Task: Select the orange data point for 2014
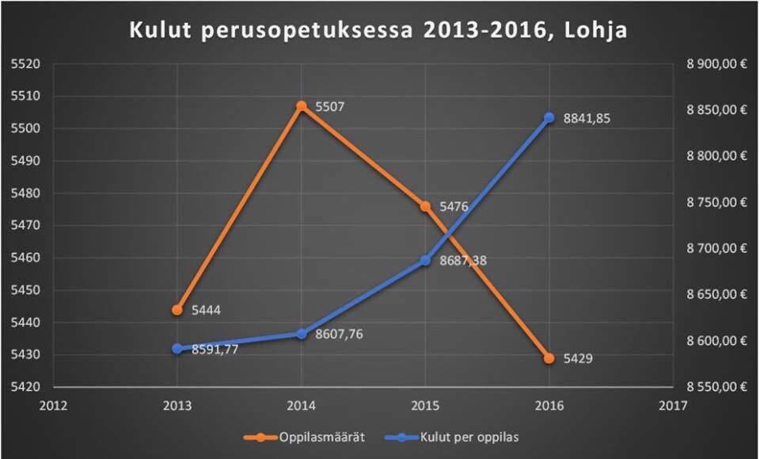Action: click(x=302, y=105)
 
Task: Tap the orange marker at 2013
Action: click(x=177, y=310)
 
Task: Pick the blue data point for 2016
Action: click(x=549, y=117)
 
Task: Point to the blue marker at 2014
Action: click(x=302, y=334)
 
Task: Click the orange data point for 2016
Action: click(x=549, y=358)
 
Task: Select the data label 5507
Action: click(x=329, y=106)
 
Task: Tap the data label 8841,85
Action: click(x=587, y=118)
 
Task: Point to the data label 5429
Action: click(x=578, y=358)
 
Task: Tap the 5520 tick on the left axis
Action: click(x=25, y=64)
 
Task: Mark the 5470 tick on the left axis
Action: click(x=25, y=226)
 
